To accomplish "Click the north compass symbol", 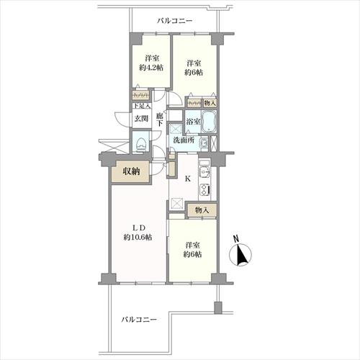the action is (x=240, y=254).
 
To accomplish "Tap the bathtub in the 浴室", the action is (x=209, y=122).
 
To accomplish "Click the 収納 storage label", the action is (x=131, y=171).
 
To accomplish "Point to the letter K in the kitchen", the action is (x=187, y=179).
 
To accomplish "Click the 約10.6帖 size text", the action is (x=138, y=238).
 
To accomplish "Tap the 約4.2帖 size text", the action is (x=151, y=68).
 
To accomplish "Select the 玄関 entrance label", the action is (x=141, y=118).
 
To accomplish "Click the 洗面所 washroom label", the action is (x=184, y=140).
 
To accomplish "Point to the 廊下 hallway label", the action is (x=160, y=120).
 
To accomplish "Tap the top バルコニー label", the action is (x=175, y=21).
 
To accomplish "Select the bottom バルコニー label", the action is (x=139, y=320).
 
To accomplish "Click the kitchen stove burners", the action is (x=204, y=189).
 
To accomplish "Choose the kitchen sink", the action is (x=204, y=172).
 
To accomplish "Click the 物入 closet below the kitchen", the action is (x=202, y=210).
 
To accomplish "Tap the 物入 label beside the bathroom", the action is (x=210, y=103).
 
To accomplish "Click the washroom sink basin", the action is (x=204, y=143).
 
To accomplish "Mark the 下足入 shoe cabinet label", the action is (x=142, y=105).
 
